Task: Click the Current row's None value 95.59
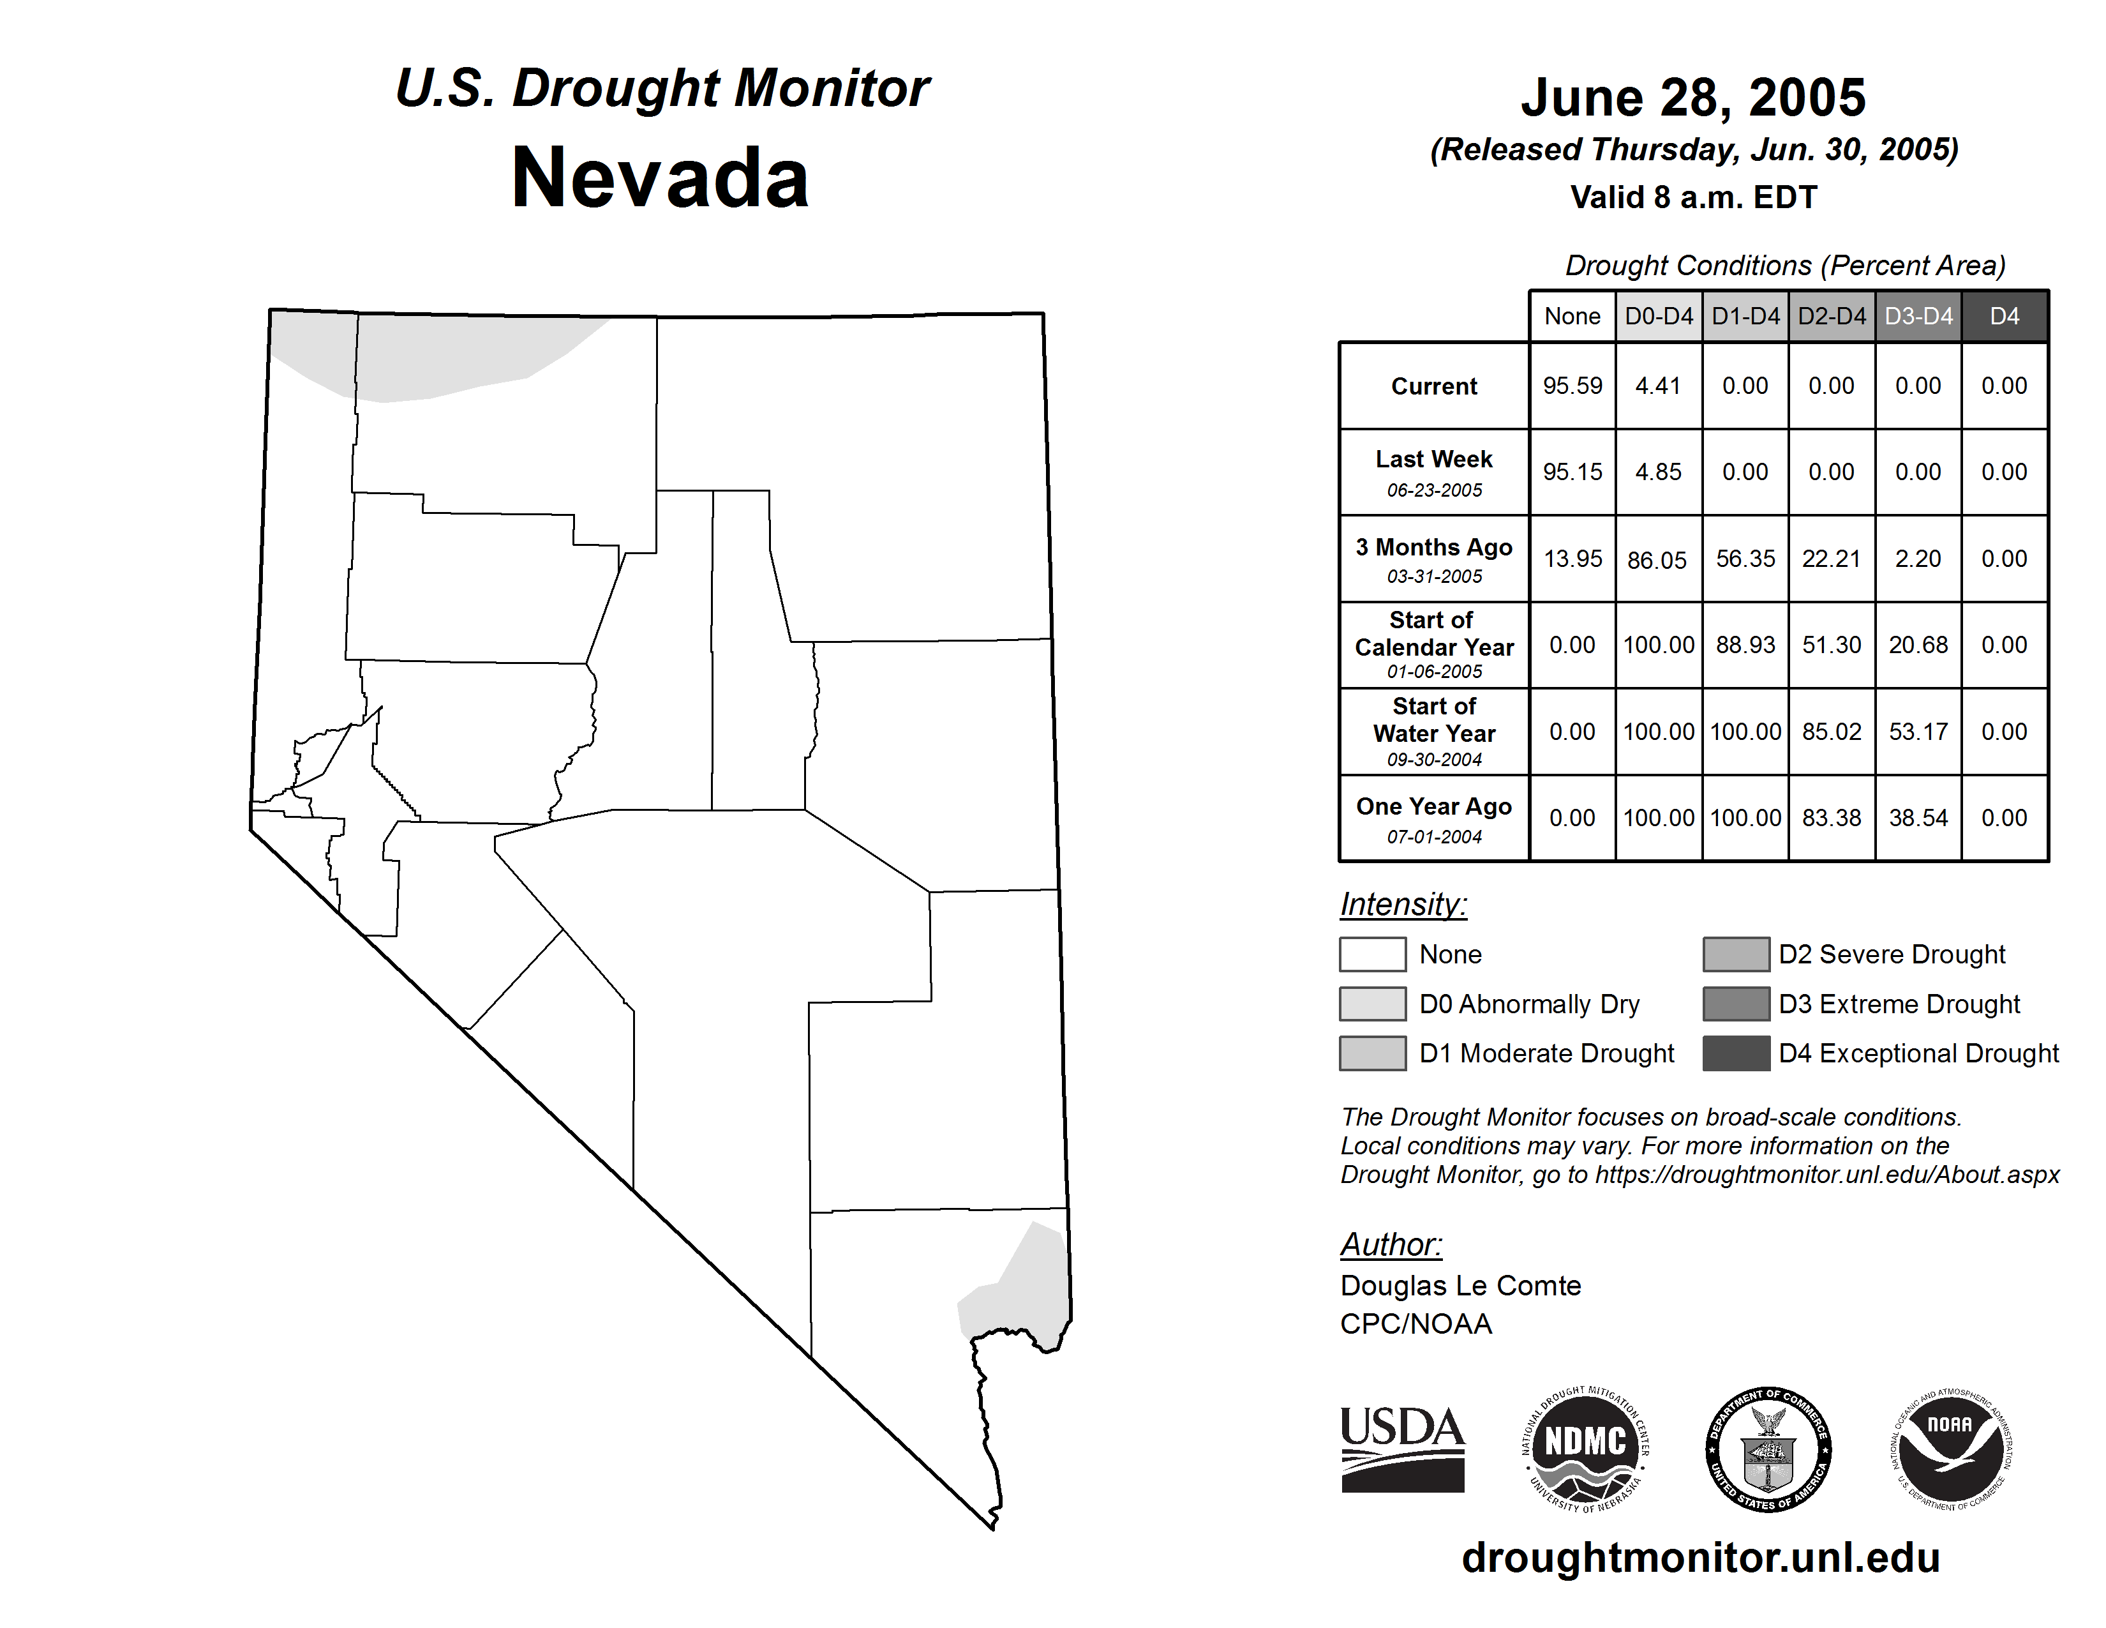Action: (1572, 386)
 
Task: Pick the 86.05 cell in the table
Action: (1657, 559)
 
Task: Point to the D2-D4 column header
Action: (1831, 316)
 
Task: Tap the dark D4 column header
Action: (2004, 316)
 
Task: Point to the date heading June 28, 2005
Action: (1693, 98)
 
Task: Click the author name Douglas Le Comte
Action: (1460, 1286)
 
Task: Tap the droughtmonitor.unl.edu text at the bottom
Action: (1701, 1558)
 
